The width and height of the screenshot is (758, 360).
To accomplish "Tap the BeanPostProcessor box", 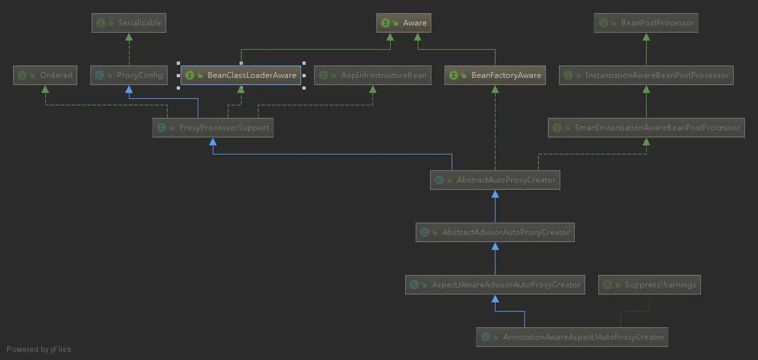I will pos(647,23).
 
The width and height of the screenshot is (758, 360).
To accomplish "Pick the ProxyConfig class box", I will pos(128,75).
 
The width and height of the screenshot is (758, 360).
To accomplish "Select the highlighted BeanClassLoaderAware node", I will pos(241,75).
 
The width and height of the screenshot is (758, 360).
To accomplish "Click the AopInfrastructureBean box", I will pos(372,75).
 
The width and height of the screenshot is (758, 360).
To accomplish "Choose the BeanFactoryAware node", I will pos(496,75).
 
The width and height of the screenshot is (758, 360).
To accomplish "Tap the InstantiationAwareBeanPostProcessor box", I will pos(646,75).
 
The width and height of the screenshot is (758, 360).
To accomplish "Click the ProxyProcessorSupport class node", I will pos(213,128).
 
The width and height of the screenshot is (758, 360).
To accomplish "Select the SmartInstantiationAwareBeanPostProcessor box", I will pos(647,128).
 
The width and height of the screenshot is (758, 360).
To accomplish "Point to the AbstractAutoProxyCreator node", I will pos(495,180).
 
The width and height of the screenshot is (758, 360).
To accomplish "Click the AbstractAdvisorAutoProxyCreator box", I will pos(495,232).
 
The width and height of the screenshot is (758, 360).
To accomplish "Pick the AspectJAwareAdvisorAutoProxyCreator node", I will pos(495,285).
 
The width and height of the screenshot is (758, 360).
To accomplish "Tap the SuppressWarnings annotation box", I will pos(649,285).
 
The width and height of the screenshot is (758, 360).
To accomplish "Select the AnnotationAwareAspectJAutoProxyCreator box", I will pos(572,337).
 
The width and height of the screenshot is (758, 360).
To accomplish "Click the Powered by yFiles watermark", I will pos(39,350).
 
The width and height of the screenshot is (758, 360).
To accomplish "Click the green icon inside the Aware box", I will pos(386,23).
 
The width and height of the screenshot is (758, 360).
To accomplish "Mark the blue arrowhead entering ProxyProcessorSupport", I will pos(213,142).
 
